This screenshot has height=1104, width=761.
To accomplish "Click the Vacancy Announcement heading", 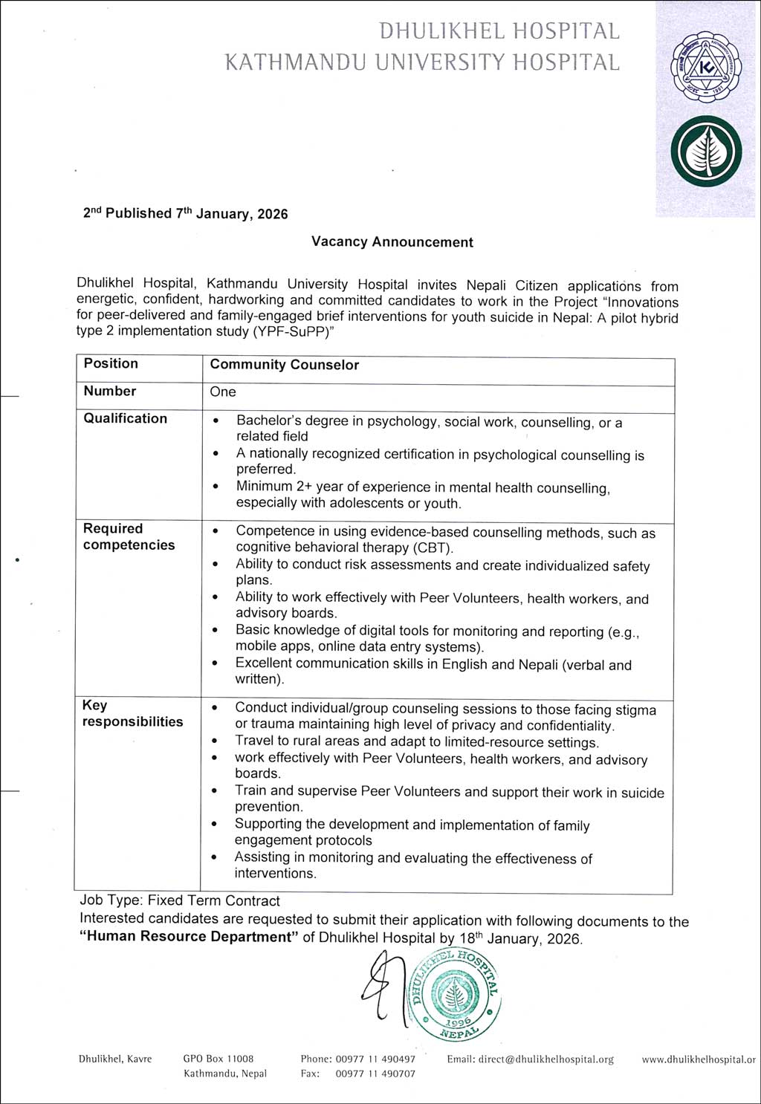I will pyautogui.click(x=392, y=242).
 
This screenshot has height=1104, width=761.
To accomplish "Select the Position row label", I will pyautogui.click(x=111, y=363).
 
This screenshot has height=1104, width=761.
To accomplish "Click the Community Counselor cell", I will pyautogui.click(x=284, y=365).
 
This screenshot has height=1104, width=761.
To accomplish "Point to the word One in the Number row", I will pyautogui.click(x=223, y=392).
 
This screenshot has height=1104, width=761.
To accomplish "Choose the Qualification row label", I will pyautogui.click(x=125, y=418).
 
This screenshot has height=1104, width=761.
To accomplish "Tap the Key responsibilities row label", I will pyautogui.click(x=132, y=713).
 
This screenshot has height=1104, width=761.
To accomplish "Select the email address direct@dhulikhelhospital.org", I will pyautogui.click(x=531, y=1059).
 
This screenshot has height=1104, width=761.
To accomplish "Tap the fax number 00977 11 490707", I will pyautogui.click(x=375, y=1074).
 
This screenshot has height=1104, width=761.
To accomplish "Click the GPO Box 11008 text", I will pyautogui.click(x=218, y=1059).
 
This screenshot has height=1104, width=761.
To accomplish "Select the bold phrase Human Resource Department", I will pyautogui.click(x=188, y=938).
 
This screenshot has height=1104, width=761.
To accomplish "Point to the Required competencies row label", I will pyautogui.click(x=129, y=536).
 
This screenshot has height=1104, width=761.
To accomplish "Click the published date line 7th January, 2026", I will pyautogui.click(x=185, y=214).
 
